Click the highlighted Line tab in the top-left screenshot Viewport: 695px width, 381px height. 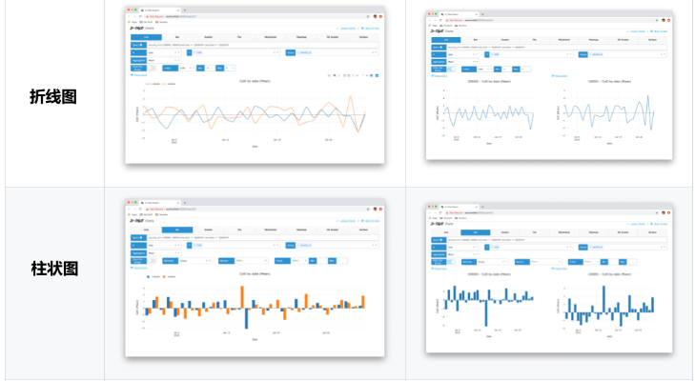point(146,37)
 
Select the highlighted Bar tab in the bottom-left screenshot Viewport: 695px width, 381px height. point(176,230)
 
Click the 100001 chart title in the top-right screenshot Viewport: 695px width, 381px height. point(607,83)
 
